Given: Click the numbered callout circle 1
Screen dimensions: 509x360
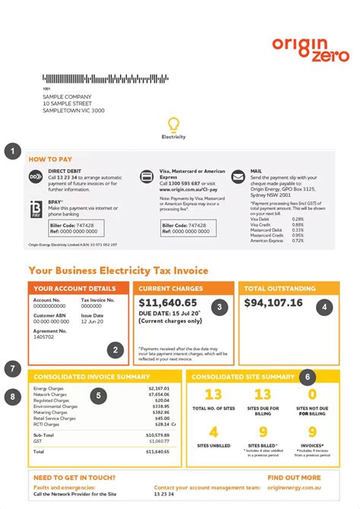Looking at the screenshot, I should tap(13, 152).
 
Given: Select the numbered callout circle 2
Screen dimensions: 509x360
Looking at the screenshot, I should tap(115, 350).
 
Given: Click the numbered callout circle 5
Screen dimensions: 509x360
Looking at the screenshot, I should tap(13, 369).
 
